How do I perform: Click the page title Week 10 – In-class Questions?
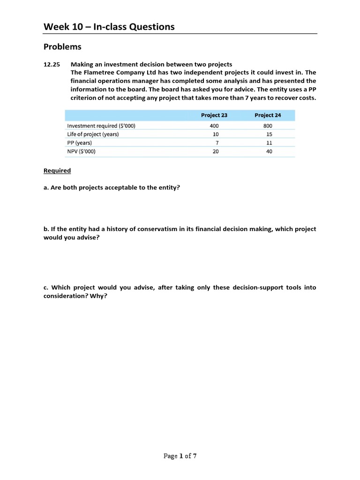pyautogui.click(x=109, y=27)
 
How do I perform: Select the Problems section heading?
pyautogui.click(x=62, y=47)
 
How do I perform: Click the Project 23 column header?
pyautogui.click(x=214, y=115)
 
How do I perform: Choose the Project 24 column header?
pyautogui.click(x=268, y=115)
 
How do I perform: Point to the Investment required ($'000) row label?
pyautogui.click(x=101, y=126)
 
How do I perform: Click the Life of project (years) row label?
pyautogui.click(x=93, y=134)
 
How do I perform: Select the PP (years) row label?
pyautogui.click(x=80, y=143)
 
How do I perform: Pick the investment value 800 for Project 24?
pyautogui.click(x=268, y=126)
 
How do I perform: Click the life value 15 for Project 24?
pyautogui.click(x=269, y=134)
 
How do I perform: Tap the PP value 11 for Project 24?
pyautogui.click(x=269, y=143)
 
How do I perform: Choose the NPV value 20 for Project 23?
pyautogui.click(x=216, y=151)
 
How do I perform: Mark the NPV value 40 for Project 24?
pyautogui.click(x=269, y=151)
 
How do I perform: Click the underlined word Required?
pyautogui.click(x=57, y=171)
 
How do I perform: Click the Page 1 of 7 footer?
pyautogui.click(x=180, y=456)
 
